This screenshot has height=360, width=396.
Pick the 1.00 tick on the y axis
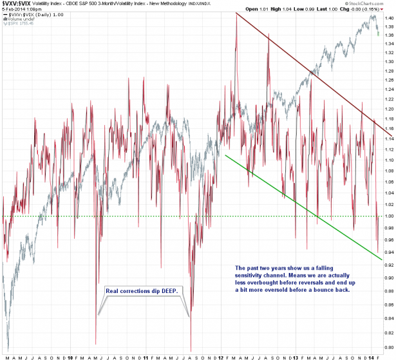(387, 216)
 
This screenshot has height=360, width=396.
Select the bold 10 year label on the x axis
(69, 354)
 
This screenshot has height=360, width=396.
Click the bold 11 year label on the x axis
(145, 354)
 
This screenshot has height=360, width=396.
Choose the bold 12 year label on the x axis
(220, 354)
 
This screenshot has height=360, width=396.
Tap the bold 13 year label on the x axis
(296, 354)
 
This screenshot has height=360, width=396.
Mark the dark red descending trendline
(303, 68)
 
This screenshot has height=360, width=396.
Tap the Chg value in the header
(370, 10)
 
